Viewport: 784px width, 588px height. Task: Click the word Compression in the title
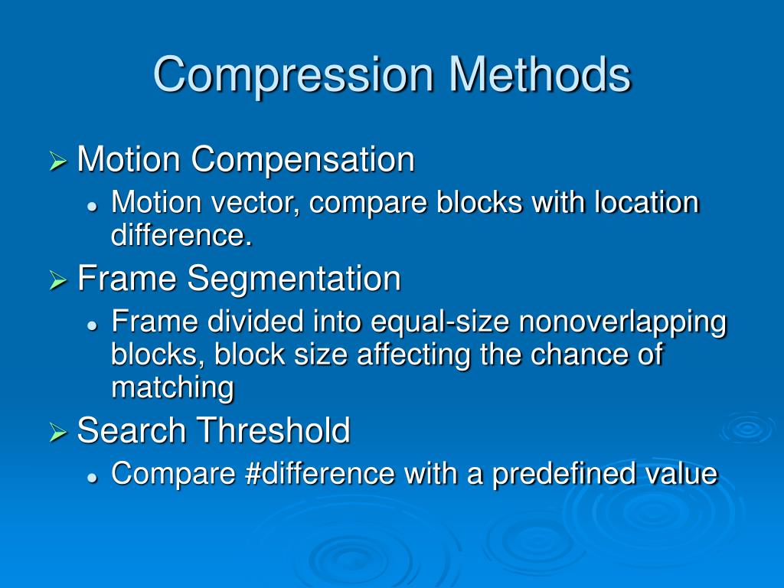coord(294,76)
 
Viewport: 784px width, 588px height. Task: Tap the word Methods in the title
coord(540,74)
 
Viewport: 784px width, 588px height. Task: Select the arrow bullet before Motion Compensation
coord(58,162)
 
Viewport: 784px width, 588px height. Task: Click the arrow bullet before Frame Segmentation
coord(58,281)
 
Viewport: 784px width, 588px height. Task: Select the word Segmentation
coord(294,279)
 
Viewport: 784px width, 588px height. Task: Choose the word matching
coord(172,388)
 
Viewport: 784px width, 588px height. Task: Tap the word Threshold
coord(273,431)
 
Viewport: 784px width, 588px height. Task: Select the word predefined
coord(565,475)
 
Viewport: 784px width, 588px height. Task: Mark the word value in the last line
coord(682,475)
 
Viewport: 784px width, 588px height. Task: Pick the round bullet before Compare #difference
coord(92,477)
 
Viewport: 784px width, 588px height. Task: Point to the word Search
coord(130,431)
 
